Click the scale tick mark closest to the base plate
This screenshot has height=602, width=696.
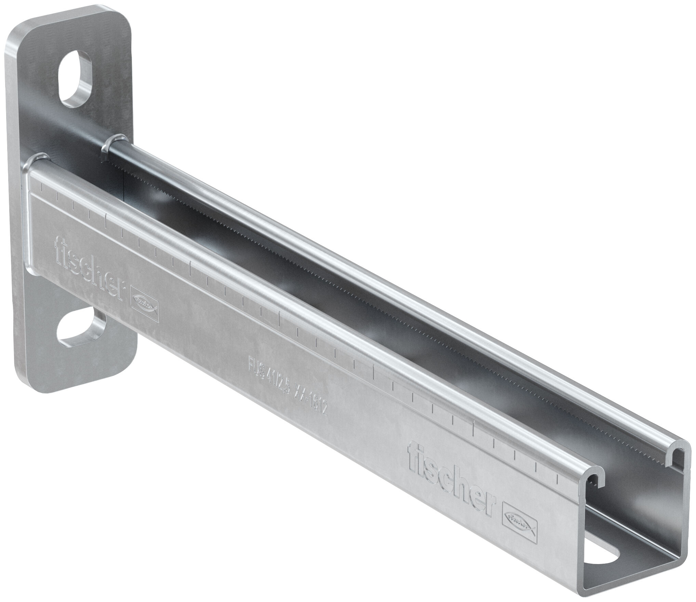click(41, 188)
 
